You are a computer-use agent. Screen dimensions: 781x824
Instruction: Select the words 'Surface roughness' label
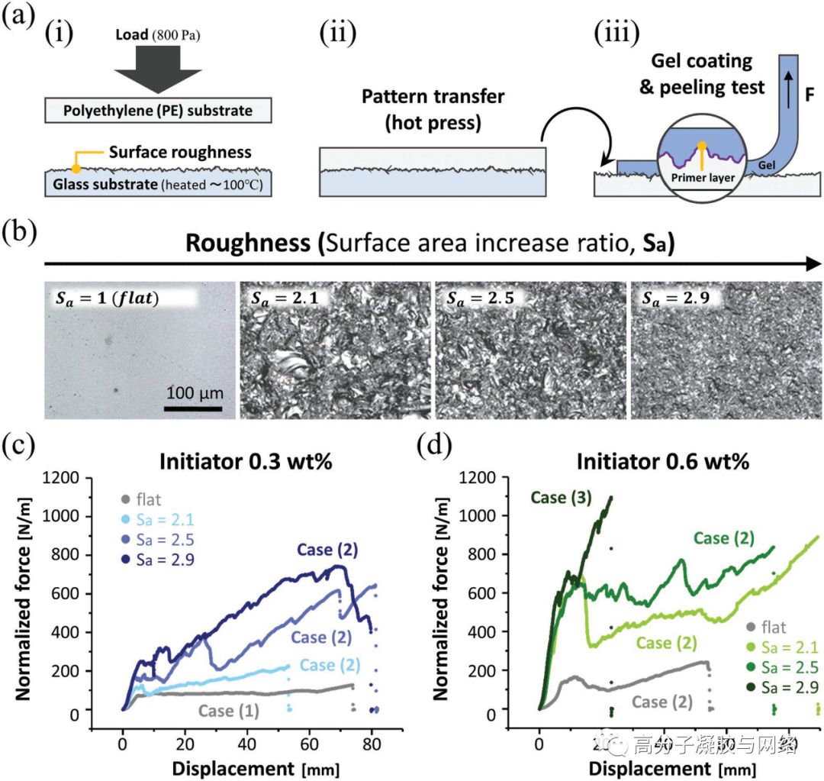tap(180, 152)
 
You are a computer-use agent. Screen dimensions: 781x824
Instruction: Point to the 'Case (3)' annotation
tap(559, 498)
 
